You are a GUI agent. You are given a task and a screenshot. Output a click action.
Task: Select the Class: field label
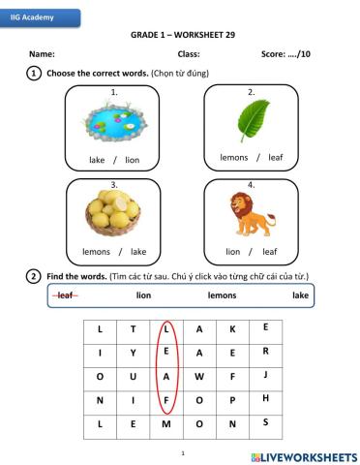189,53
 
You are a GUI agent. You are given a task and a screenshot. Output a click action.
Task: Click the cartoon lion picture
250,213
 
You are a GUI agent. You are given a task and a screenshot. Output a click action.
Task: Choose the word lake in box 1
97,160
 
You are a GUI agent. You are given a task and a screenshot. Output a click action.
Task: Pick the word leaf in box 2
276,157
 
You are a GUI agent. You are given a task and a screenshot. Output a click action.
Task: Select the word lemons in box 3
96,251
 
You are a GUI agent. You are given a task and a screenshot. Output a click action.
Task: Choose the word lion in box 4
232,251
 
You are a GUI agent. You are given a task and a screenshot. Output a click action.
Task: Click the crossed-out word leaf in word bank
67,295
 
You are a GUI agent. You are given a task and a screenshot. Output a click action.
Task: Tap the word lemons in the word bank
222,295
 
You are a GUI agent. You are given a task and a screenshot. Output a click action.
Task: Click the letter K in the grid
232,329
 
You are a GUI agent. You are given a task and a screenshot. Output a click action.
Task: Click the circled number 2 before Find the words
34,276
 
